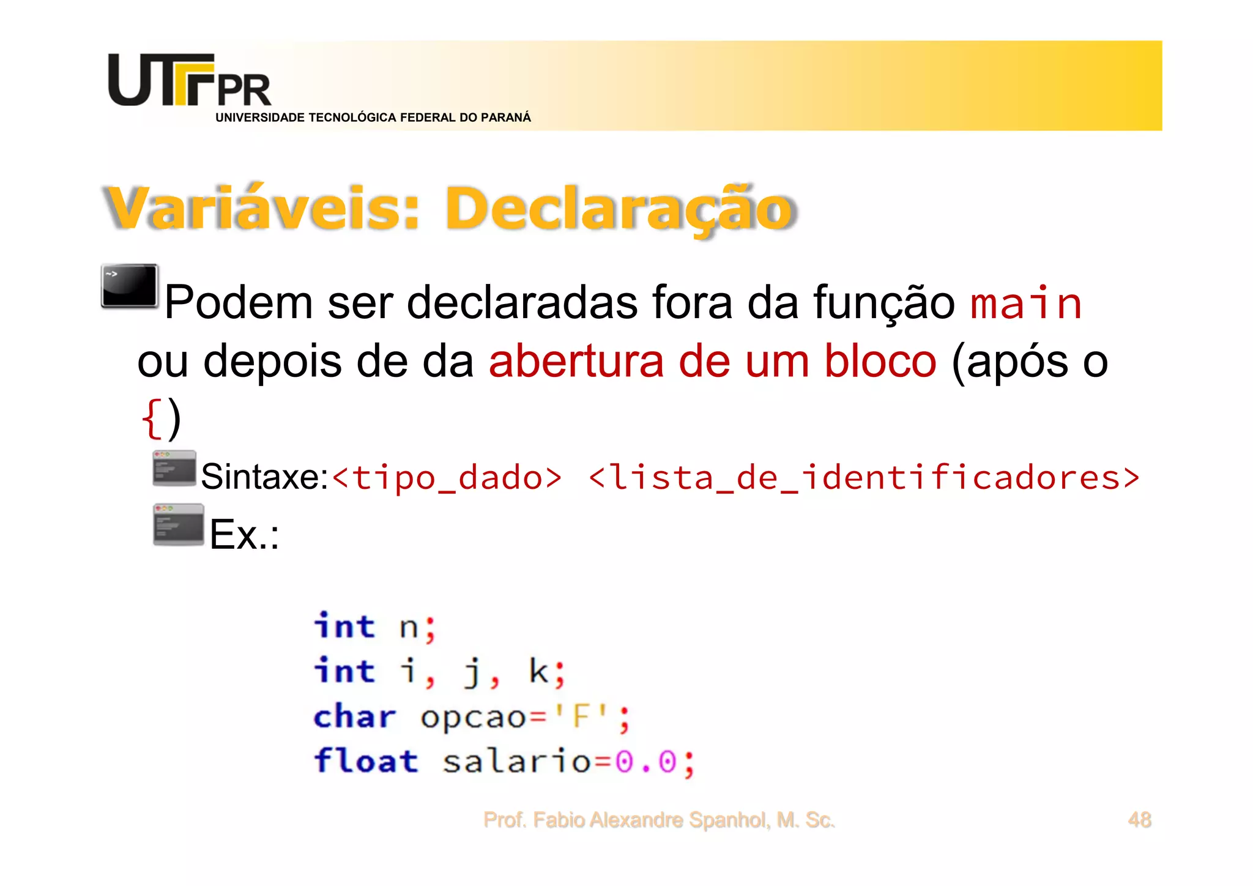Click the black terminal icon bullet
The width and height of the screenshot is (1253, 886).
tap(130, 286)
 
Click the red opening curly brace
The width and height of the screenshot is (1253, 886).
tap(151, 419)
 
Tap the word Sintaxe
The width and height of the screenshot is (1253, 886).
tap(264, 477)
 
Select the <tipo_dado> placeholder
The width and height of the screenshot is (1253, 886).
tap(447, 478)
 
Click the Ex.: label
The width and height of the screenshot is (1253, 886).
tap(244, 535)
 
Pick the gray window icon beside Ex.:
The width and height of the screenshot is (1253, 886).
tap(178, 524)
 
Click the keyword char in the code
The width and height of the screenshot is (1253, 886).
tap(355, 717)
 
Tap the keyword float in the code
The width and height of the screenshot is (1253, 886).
tap(366, 761)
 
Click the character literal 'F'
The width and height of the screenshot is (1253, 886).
tap(581, 717)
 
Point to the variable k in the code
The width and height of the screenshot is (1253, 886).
tap(538, 671)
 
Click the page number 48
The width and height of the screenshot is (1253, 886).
tap(1139, 819)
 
